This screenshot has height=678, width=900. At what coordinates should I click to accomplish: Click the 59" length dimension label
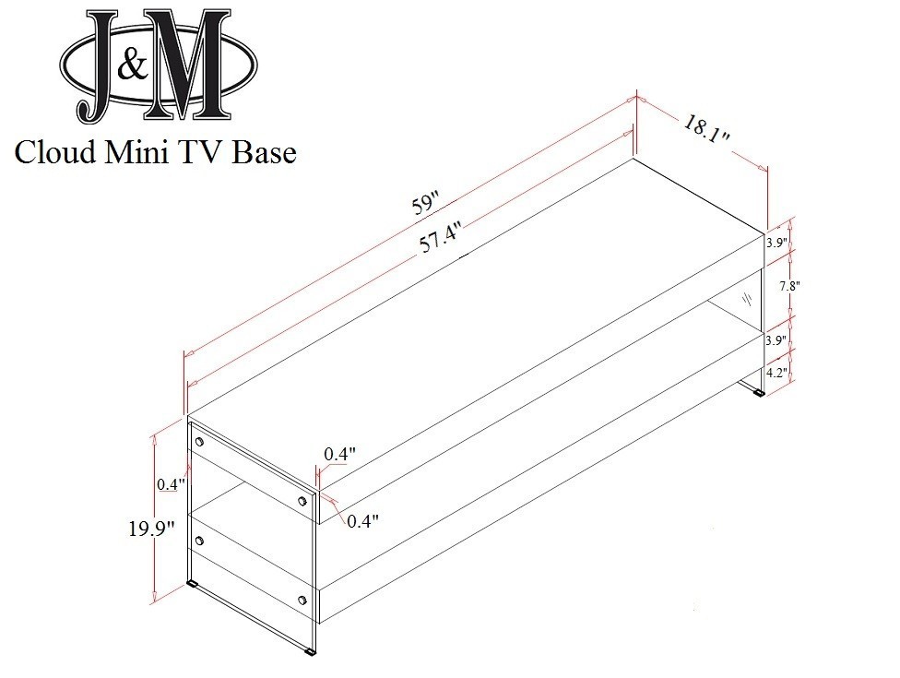[x=426, y=205]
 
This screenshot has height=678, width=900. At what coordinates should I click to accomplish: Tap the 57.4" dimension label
[x=441, y=237]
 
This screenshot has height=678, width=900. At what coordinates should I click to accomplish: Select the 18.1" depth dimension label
[x=706, y=130]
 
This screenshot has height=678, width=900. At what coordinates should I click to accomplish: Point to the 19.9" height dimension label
[x=151, y=529]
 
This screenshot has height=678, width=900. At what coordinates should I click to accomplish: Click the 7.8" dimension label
[x=789, y=286]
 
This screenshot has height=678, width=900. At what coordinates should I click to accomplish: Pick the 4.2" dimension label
[x=777, y=374]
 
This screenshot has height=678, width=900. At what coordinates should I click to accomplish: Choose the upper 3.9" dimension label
[x=776, y=243]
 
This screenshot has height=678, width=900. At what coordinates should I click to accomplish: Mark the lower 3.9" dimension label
[x=776, y=340]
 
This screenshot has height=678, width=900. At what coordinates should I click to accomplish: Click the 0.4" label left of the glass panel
[x=171, y=484]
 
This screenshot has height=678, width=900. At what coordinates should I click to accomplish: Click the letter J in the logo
[x=98, y=66]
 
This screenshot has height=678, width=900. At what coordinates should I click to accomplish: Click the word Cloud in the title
[x=55, y=152]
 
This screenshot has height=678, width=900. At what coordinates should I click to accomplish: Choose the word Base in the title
[x=265, y=152]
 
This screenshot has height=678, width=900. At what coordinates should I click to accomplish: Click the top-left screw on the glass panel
[x=199, y=442]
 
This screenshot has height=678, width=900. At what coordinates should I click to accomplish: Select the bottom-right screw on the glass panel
[x=302, y=601]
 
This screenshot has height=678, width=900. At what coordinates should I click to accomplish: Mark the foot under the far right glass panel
[x=759, y=394]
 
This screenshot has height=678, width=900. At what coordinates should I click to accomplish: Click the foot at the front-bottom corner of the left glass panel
[x=311, y=652]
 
